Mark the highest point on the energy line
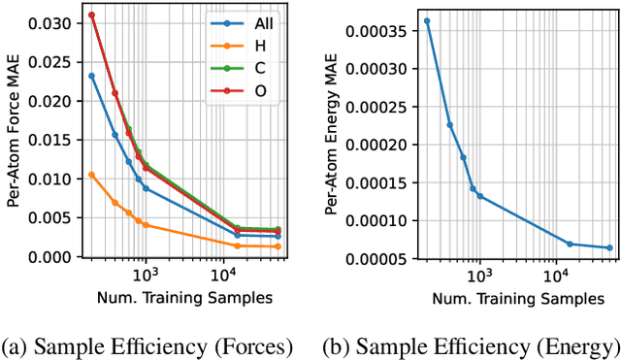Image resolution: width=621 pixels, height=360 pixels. coord(427,20)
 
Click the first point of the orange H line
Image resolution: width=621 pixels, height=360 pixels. coord(91,175)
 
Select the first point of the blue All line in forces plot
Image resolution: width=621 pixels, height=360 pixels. coord(91,76)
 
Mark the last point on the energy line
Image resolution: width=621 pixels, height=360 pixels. coord(609,247)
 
